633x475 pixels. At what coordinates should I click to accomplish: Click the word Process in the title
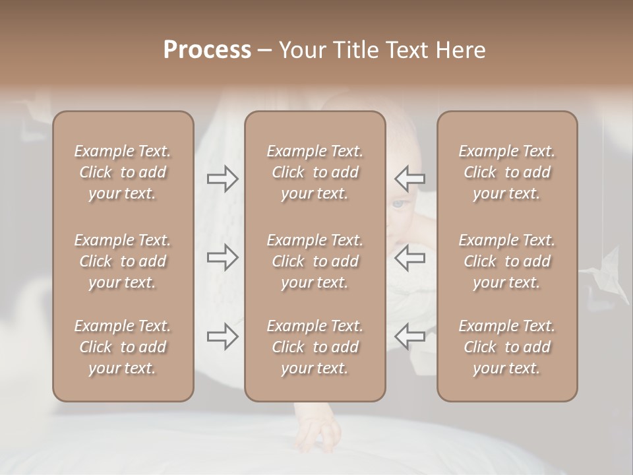207,50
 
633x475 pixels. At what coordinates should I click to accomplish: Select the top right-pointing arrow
223,178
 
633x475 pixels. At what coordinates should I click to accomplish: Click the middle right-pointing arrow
223,257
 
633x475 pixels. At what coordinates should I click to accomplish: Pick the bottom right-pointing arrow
223,336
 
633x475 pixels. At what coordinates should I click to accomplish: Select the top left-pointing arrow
409,178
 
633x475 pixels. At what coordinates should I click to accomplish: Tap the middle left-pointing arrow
409,257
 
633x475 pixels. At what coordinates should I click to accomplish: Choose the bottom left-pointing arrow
409,336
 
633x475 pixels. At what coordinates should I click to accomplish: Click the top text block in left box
123,172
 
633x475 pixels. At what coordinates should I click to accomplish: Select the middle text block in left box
123,261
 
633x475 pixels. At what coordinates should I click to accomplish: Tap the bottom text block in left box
123,347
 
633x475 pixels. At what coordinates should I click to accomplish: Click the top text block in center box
315,172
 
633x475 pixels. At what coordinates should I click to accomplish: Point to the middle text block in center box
315,261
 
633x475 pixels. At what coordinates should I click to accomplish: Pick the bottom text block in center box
315,347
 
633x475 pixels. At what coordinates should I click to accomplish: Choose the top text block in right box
506,172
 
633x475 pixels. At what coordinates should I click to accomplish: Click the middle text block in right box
506,261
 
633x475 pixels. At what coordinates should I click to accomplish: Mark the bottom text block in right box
506,347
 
